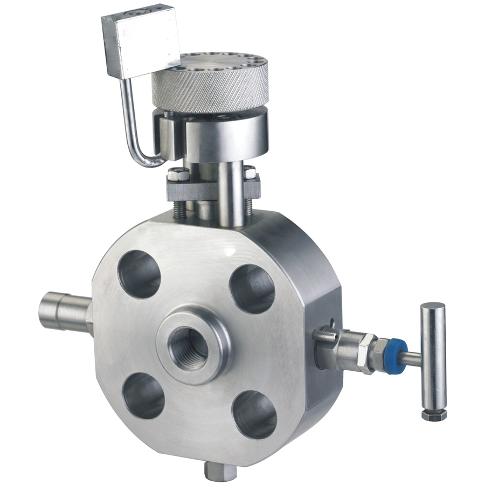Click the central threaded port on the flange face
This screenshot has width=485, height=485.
coord(188,348)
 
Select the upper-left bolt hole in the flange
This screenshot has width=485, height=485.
coord(140,274)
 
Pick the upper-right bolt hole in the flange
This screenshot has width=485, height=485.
coord(252,288)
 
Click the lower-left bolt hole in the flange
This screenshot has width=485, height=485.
coord(143,396)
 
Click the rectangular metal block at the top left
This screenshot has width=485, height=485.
coord(141,41)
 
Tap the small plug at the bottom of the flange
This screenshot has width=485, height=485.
coord(218,470)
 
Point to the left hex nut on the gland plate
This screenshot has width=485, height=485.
coord(178,175)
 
